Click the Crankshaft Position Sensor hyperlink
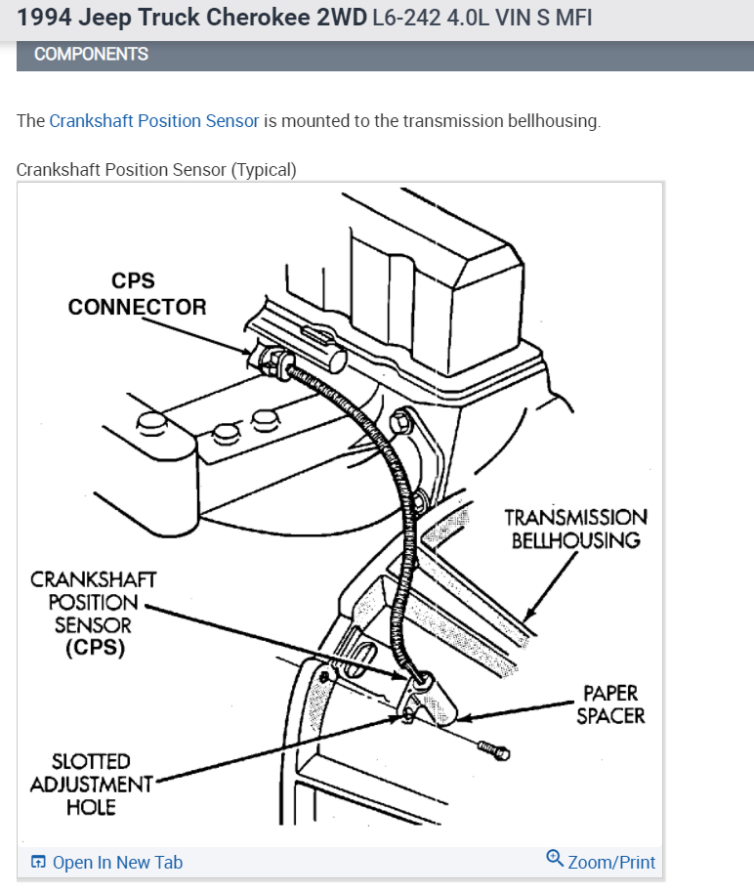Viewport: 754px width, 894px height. tap(154, 121)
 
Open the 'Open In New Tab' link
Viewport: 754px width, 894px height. tap(117, 863)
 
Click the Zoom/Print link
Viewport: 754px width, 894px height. tap(611, 863)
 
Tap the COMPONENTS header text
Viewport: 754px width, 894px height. tap(91, 55)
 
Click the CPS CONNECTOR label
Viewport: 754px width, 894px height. tap(137, 294)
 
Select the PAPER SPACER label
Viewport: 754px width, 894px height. tap(610, 704)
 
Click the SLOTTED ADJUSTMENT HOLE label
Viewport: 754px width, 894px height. tap(92, 784)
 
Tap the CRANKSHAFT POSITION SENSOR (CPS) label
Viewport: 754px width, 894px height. tap(94, 613)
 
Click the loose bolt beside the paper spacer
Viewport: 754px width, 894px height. tap(494, 750)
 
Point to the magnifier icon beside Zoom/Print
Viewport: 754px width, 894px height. tap(555, 859)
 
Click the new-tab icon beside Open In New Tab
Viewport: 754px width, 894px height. tap(38, 863)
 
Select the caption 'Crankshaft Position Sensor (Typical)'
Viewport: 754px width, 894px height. tap(156, 170)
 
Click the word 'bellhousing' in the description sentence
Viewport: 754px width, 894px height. tap(552, 121)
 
